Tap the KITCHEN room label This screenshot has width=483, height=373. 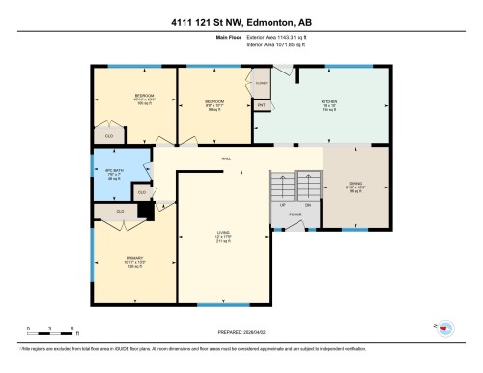tap(329, 103)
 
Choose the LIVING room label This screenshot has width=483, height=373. tap(221, 233)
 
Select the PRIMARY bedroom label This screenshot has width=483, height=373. tap(133, 258)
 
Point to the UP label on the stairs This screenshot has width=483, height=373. tap(282, 206)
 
